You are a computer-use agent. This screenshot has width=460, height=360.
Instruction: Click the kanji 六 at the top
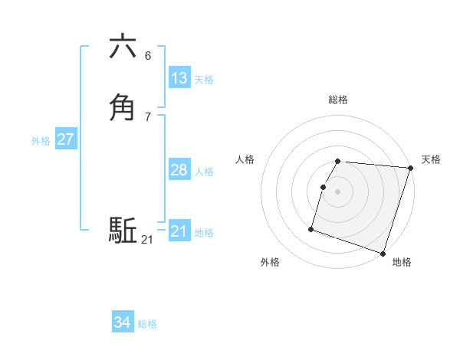coord(123,47)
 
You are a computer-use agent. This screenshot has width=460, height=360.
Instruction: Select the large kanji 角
coord(123,107)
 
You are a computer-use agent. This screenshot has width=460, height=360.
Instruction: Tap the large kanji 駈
coord(123,230)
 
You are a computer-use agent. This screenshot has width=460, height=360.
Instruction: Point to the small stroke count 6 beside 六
coord(148,56)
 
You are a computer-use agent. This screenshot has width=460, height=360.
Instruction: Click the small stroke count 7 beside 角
coord(148,116)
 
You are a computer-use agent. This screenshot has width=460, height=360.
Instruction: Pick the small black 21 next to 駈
coord(147,240)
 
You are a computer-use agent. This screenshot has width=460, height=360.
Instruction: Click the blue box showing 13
coord(179,78)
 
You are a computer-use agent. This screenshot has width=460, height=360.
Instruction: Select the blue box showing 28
coord(179,170)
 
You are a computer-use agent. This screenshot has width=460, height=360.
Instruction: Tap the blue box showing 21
coord(179,231)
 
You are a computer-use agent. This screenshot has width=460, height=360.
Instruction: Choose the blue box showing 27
coord(65,139)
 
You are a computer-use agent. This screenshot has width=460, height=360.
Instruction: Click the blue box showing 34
coord(123,322)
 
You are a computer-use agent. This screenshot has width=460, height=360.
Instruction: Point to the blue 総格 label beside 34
coord(147,324)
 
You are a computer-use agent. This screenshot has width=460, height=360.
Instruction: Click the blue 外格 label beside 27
coord(41,141)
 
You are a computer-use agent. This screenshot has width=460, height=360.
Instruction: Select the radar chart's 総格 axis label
coord(338,100)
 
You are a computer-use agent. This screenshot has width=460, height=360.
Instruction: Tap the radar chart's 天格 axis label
coord(431,159)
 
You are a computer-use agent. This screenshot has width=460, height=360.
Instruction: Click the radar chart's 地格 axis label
coord(402,262)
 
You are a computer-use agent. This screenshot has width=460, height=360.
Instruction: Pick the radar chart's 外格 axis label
coord(270,262)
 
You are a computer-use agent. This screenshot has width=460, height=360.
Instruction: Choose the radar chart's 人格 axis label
coord(245,159)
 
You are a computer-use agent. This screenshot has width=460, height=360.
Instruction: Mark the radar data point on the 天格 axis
coord(410,168)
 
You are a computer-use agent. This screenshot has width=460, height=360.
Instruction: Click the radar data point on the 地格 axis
coord(383,253)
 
